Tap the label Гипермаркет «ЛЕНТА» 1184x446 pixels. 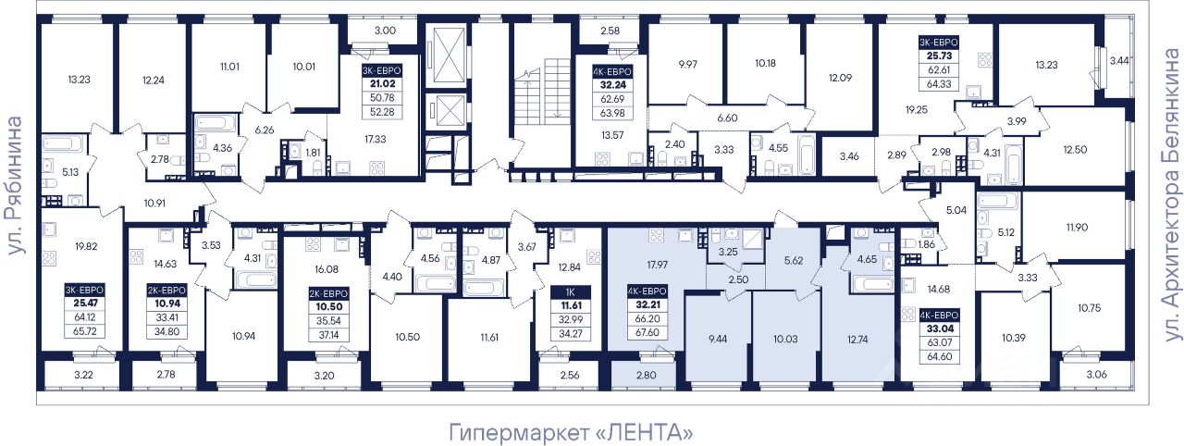click(x=571, y=433)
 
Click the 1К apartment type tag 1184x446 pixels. click(x=571, y=291)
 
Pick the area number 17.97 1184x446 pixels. click(x=658, y=265)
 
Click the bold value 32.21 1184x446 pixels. click(x=647, y=305)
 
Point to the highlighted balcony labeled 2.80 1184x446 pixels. click(x=645, y=375)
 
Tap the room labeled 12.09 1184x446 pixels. click(x=841, y=77)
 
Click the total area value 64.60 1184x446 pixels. click(x=939, y=356)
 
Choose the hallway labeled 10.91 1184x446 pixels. click(x=154, y=203)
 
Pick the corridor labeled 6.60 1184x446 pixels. click(x=727, y=118)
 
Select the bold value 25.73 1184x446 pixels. click(x=939, y=56)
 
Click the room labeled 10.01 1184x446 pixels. click(x=303, y=66)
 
